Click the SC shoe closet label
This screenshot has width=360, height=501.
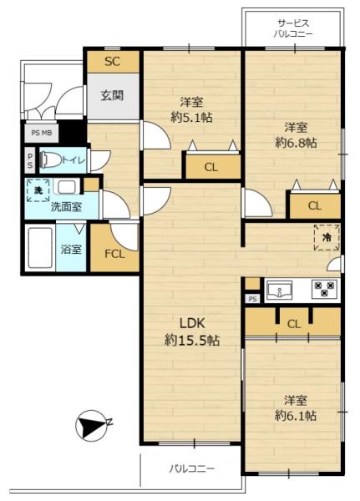pyautogui.click(x=112, y=61)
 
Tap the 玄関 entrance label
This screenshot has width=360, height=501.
pyautogui.click(x=112, y=95)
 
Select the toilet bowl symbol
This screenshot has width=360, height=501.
pyautogui.click(x=51, y=159)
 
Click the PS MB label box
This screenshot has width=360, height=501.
pyautogui.click(x=42, y=133)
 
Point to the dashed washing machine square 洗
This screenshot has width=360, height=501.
pyautogui.click(x=38, y=190)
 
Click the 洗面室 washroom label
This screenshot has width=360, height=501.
pyautogui.click(x=67, y=207)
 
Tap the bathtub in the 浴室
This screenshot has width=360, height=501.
pyautogui.click(x=40, y=248)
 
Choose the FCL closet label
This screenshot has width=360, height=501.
pyautogui.click(x=114, y=254)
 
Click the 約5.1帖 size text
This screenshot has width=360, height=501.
pyautogui.click(x=191, y=118)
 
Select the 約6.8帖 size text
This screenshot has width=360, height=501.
pyautogui.click(x=296, y=143)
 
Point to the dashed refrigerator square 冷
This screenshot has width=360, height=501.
pyautogui.click(x=327, y=237)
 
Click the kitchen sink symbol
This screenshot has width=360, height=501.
pyautogui.click(x=279, y=290)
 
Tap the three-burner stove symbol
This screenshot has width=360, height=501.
pyautogui.click(x=325, y=289)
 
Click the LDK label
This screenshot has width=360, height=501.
pyautogui.click(x=192, y=324)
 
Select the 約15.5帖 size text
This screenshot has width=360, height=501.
pyautogui.click(x=192, y=341)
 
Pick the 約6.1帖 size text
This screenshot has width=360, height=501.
pyautogui.click(x=296, y=416)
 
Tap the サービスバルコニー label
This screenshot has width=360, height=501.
pyautogui.click(x=293, y=28)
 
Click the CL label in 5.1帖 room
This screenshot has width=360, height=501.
pyautogui.click(x=211, y=167)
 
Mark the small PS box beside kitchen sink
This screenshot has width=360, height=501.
pyautogui.click(x=252, y=299)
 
